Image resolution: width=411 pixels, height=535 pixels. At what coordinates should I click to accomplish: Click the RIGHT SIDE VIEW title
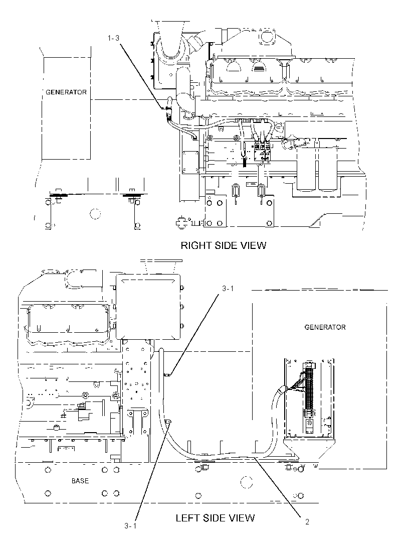223,245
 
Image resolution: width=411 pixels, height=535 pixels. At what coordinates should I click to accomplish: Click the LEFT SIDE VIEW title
215,518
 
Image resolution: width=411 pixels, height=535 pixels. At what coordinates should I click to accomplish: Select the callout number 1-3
114,38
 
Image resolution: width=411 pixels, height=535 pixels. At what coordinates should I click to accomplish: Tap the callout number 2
307,521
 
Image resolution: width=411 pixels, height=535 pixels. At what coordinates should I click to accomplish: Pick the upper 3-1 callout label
228,288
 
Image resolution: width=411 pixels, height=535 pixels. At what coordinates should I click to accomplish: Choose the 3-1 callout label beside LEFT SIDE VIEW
130,526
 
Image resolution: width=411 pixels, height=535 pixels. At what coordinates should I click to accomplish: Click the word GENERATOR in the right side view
66,92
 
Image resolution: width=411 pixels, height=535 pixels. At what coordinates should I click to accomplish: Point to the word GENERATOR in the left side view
325,327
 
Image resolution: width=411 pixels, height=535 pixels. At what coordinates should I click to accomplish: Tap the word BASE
80,481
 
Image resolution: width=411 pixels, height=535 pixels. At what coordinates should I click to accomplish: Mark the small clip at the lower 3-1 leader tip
168,422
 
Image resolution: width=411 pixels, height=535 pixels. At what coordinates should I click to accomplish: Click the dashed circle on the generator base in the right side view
95,214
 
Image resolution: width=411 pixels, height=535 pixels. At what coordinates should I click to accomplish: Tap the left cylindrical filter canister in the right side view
306,168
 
